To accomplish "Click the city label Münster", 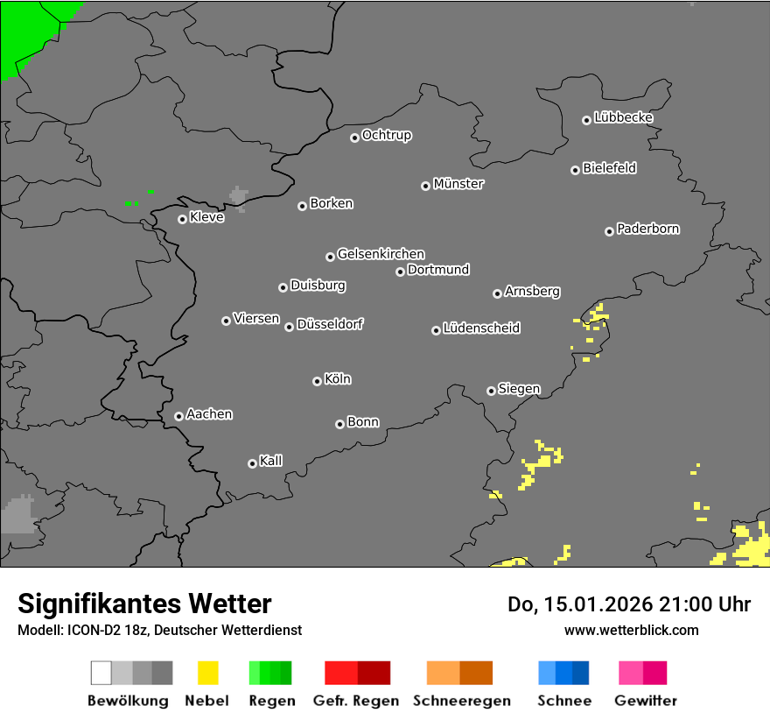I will coord(458,184).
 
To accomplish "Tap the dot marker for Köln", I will coord(317,381).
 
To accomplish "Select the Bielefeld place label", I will coord(610,168).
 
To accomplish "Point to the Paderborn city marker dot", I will coord(609,231).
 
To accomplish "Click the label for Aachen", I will coord(209,414).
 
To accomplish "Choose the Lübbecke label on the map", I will coord(624,117).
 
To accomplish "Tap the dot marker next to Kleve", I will coord(182,219).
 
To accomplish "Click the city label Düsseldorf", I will coord(330,324).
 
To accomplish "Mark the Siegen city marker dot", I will coord(491,391).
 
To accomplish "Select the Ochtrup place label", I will coord(387,136).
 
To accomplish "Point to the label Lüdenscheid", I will coord(481,328).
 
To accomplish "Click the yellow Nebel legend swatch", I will coord(207,673).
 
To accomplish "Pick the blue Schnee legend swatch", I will coord(563,673).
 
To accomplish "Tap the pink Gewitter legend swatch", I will coord(642,673).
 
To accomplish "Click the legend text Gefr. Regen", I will coord(356,701).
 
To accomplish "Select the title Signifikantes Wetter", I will coord(144,603).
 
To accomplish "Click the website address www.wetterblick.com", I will coord(632,630).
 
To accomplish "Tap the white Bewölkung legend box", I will coord(101,673).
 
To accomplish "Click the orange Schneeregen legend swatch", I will coord(459,673).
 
